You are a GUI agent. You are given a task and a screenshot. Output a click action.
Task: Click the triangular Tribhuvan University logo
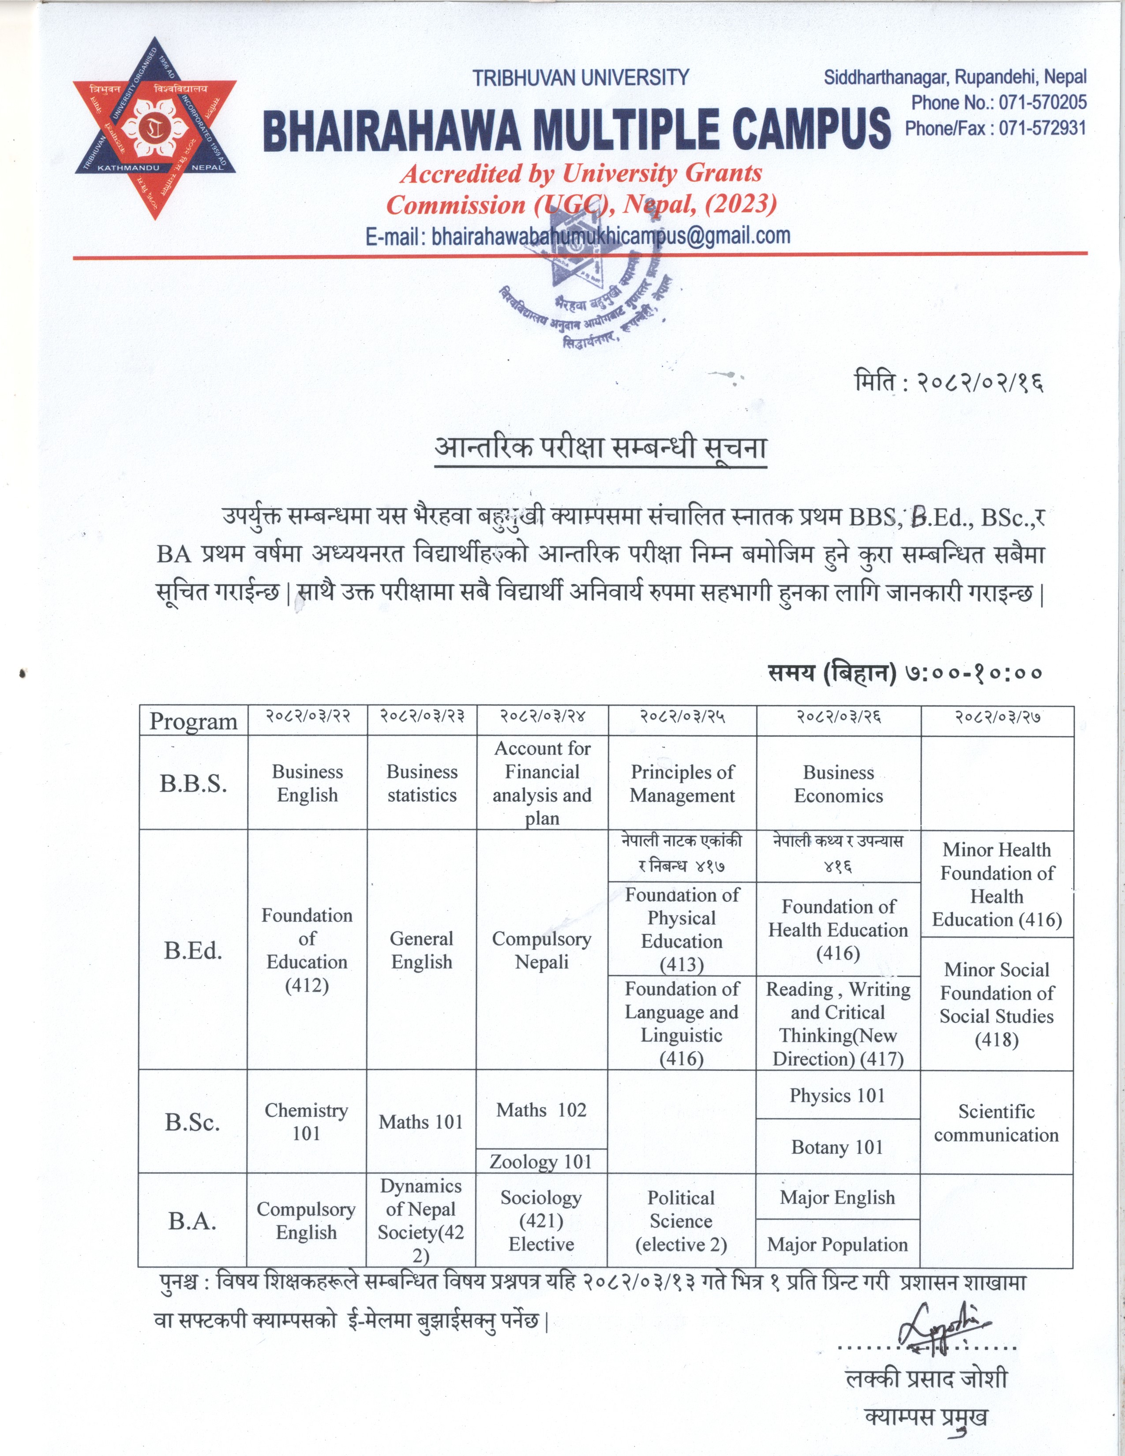point(154,127)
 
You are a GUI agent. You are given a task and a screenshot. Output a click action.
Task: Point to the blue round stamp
point(586,293)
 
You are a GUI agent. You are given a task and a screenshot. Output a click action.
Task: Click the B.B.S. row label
point(193,783)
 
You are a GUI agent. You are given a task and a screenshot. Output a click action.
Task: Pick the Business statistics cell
point(422,783)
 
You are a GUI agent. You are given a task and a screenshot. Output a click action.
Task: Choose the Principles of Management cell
point(682,783)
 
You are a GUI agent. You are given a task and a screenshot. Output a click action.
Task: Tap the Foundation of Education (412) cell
point(307,950)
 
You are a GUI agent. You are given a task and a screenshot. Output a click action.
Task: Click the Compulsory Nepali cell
point(541,950)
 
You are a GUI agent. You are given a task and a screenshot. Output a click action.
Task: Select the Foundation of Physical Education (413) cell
point(682,929)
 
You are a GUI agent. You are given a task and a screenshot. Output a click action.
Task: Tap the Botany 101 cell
point(838,1147)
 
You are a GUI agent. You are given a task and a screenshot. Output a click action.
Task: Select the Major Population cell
point(838,1244)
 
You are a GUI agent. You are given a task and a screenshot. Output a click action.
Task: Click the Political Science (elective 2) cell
point(682,1221)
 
